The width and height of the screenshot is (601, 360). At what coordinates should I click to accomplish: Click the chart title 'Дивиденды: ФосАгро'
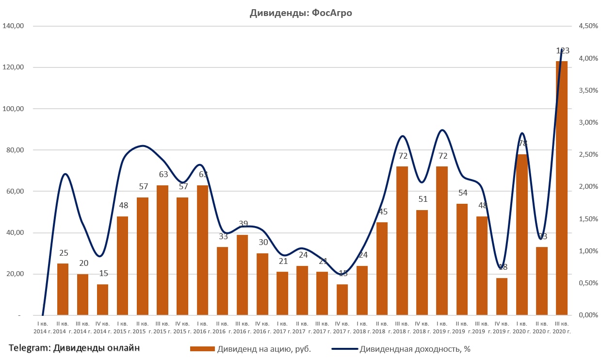click(x=300, y=13)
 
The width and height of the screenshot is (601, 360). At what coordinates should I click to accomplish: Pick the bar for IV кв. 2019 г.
click(x=502, y=296)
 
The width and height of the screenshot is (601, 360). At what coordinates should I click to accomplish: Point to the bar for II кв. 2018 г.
click(x=382, y=269)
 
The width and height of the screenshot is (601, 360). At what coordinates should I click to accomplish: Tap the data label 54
click(x=462, y=193)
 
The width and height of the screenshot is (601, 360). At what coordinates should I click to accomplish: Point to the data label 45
click(x=382, y=212)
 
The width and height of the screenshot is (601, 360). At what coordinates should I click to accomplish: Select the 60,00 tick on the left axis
click(x=15, y=192)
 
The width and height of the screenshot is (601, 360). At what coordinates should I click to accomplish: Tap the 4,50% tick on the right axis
click(x=588, y=26)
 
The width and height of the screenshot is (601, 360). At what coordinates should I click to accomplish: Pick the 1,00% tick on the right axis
click(x=588, y=251)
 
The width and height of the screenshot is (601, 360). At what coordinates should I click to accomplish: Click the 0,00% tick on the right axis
click(x=588, y=315)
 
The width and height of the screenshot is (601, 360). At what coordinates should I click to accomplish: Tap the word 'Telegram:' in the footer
click(x=29, y=347)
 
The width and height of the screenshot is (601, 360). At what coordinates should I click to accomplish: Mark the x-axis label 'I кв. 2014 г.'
click(x=43, y=327)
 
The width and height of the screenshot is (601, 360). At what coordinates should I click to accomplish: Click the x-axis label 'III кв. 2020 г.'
click(x=561, y=327)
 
